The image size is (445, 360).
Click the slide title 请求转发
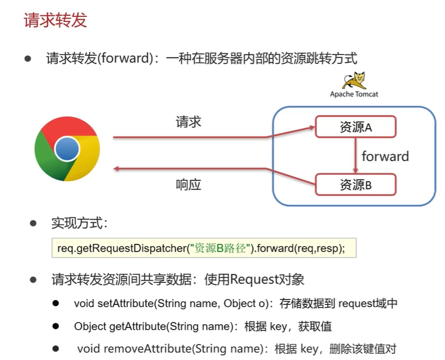[x=55, y=21]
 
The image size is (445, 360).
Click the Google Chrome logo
[x=67, y=149]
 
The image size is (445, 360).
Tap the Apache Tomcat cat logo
[x=354, y=80]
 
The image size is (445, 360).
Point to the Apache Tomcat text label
[x=354, y=94]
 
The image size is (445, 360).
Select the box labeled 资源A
[x=355, y=127]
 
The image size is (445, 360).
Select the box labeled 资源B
[x=355, y=184]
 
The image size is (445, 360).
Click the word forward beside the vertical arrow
[x=385, y=156]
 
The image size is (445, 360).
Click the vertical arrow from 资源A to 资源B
[x=355, y=155]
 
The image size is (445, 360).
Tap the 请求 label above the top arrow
[x=188, y=122]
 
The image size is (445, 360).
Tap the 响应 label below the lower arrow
[x=188, y=184]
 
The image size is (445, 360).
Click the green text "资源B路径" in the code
[x=220, y=248]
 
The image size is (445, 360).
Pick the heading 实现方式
[x=80, y=223]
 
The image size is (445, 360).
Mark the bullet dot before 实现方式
[x=33, y=223]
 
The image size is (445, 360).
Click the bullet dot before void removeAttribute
[x=56, y=348]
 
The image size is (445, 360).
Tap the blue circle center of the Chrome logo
[x=67, y=149]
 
